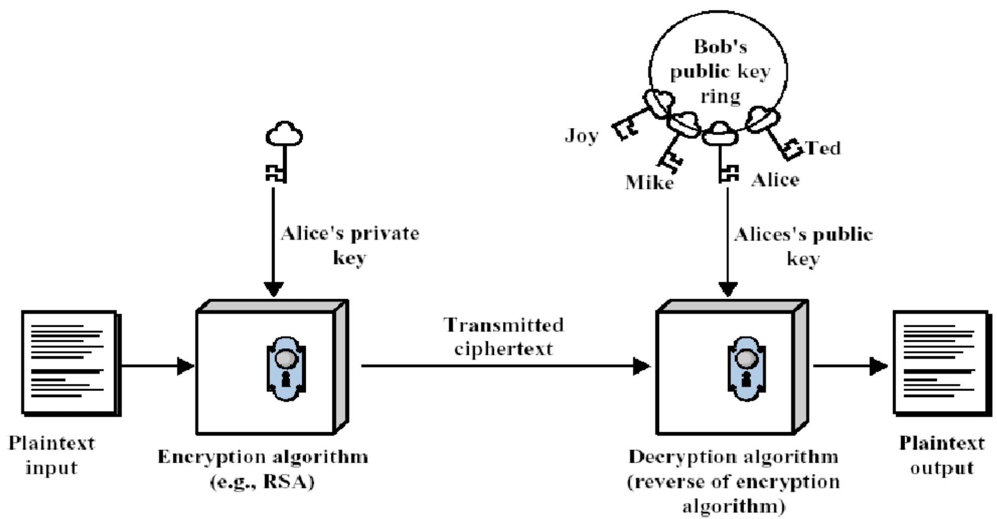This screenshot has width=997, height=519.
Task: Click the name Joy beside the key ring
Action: (x=581, y=136)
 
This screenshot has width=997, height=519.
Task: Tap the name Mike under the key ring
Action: (x=649, y=182)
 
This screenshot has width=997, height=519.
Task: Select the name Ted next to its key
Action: (x=823, y=148)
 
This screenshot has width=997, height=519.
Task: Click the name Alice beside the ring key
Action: (x=775, y=180)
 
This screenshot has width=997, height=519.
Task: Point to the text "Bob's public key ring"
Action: (x=720, y=71)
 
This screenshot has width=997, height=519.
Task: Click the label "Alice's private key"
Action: (x=350, y=245)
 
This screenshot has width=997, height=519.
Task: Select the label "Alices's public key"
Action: (x=803, y=246)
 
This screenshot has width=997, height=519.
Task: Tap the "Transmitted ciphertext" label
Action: (x=504, y=336)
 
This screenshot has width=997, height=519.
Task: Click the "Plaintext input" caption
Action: (x=51, y=455)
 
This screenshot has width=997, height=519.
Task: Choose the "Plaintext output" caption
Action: (x=942, y=455)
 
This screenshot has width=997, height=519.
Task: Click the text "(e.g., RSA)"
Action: (x=262, y=482)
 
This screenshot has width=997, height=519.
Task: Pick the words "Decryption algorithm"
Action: (x=733, y=457)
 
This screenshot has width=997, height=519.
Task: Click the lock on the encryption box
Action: (x=286, y=368)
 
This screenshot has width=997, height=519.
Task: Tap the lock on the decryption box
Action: (x=746, y=368)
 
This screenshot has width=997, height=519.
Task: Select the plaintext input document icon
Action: (x=70, y=362)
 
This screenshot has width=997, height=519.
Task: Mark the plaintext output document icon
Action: (x=941, y=362)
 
